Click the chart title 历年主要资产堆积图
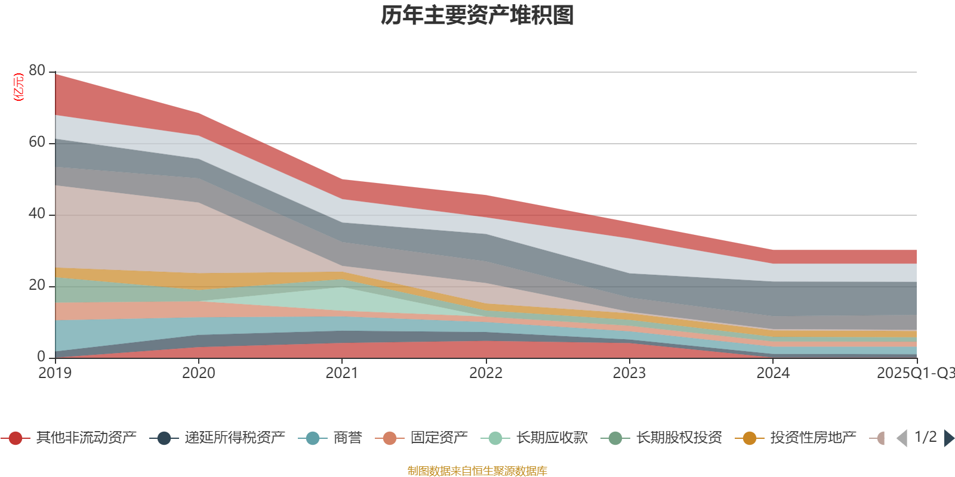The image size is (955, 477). (x=478, y=16)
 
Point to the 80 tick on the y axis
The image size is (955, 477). (x=37, y=70)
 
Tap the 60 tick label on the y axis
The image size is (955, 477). (x=37, y=142)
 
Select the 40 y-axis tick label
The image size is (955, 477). (x=37, y=213)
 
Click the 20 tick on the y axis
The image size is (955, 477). (x=37, y=285)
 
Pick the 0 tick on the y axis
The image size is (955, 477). (x=41, y=357)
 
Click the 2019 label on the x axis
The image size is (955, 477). (x=55, y=373)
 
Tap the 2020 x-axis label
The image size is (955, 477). (x=198, y=373)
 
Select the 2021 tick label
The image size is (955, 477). (x=341, y=373)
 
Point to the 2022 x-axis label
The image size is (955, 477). (x=486, y=373)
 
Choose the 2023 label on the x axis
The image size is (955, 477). (x=629, y=373)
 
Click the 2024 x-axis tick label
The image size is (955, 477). (x=773, y=373)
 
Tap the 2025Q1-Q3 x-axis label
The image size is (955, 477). (x=915, y=373)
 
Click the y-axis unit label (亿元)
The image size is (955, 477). (x=19, y=87)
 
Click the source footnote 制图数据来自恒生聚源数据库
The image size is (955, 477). (x=478, y=471)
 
